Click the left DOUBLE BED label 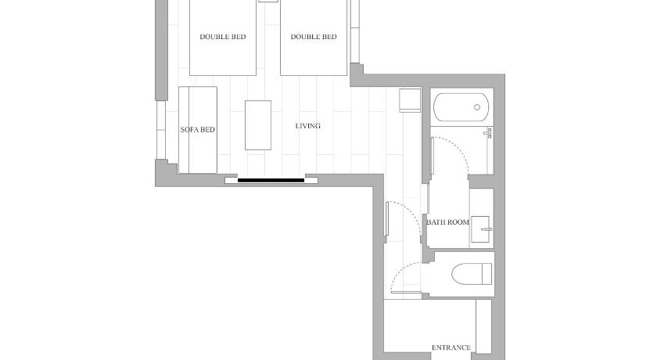click(222, 37)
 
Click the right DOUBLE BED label click(314, 37)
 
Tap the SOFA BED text click(198, 130)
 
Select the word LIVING click(308, 126)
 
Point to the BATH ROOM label click(448, 222)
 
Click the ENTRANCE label click(451, 347)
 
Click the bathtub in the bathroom click(461, 107)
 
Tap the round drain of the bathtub click(477, 107)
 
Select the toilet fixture click(472, 274)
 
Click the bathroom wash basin click(480, 229)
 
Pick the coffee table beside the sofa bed click(258, 125)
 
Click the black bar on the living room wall click(271, 181)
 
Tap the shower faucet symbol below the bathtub click(488, 133)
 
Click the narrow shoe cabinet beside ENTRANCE click(483, 326)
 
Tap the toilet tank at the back click(487, 274)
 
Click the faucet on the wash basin click(486, 229)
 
